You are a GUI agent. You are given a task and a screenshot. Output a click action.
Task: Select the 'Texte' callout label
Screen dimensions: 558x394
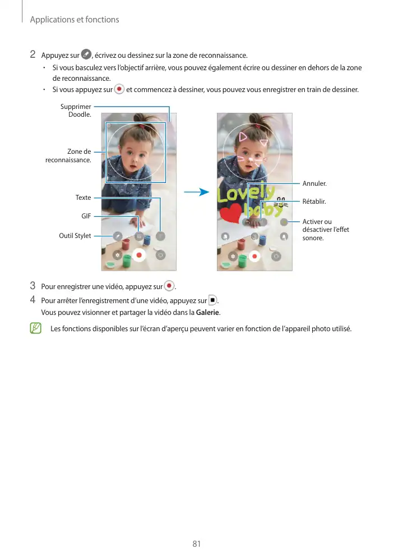[x=83, y=198]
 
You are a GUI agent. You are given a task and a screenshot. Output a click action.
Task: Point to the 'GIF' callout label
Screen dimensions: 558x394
[x=86, y=216]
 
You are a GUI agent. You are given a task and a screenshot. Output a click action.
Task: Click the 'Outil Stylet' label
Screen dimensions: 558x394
[x=75, y=236]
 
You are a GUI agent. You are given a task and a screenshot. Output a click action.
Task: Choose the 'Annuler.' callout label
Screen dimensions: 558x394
[x=314, y=184]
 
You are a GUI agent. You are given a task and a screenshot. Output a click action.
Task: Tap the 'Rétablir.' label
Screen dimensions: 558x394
[x=314, y=201]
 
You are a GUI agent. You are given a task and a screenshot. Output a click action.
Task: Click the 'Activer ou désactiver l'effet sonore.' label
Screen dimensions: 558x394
[x=325, y=230]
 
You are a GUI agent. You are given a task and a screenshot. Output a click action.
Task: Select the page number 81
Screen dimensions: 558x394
[x=196, y=544]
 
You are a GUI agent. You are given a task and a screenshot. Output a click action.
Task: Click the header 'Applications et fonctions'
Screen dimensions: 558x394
[x=75, y=20]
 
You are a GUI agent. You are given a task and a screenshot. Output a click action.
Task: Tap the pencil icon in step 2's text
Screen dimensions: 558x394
[x=86, y=54]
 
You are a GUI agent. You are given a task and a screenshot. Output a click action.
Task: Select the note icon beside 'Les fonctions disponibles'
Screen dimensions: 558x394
[x=36, y=328]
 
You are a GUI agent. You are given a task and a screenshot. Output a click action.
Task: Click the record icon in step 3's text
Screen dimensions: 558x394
[x=169, y=286]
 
